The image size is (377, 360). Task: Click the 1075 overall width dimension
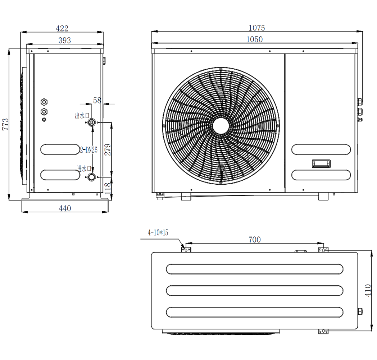coord(257,28)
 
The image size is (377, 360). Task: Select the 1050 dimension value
coord(255,40)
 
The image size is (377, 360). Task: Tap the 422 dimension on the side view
coord(62,29)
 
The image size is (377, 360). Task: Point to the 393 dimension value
coord(65,40)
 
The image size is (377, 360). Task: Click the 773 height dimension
coord(5,124)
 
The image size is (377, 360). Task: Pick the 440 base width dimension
coord(65,208)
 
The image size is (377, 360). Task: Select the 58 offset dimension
coord(97,100)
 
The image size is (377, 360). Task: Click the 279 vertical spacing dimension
coord(108,149)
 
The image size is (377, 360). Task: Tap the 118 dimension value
coord(108,188)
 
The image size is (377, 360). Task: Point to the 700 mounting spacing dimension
coord(255,239)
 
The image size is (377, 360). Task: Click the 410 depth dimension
coord(368,290)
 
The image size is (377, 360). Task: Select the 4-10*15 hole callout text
coord(158,232)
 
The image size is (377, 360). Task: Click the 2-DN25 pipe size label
coord(89,150)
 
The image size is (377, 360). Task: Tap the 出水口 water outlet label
coord(82,116)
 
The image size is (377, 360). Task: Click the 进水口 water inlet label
coord(84,169)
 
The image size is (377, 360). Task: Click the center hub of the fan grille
coord(221,126)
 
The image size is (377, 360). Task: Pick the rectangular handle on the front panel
coord(321,164)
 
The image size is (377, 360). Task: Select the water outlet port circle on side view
coord(91,123)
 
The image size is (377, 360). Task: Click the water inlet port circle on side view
coord(91,177)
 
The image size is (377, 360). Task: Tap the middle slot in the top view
coord(255,291)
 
